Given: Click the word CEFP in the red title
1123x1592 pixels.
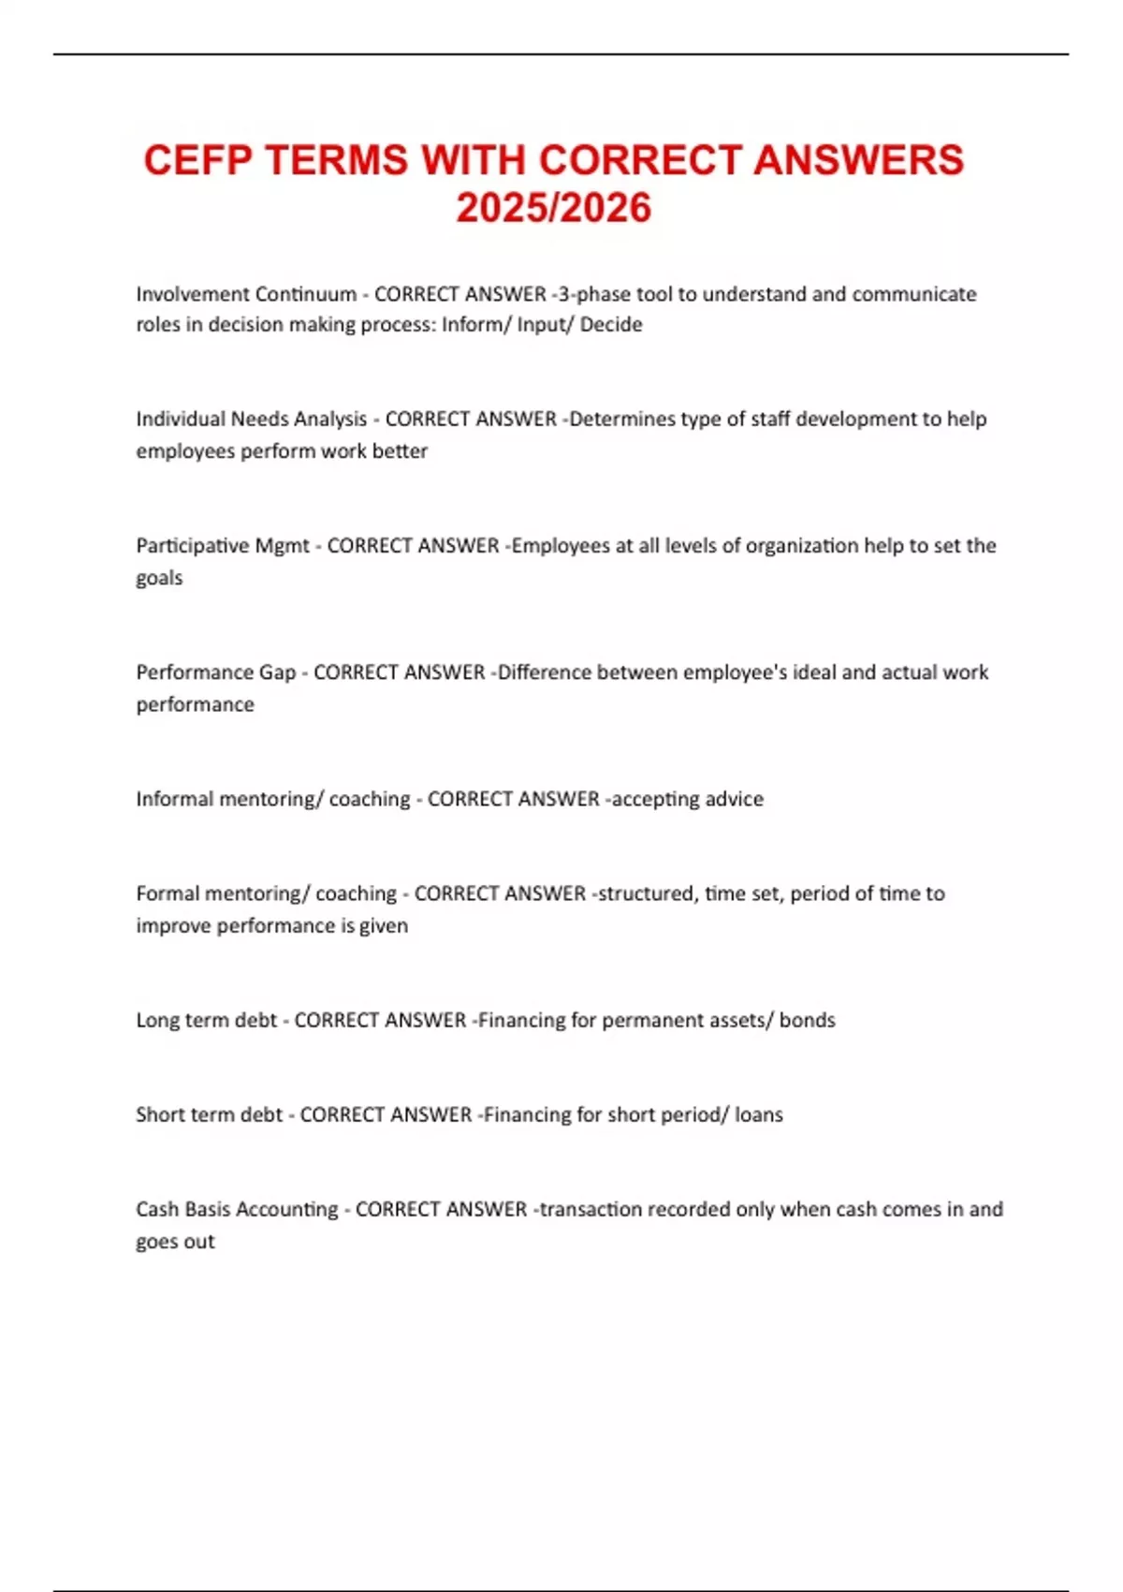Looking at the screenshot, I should (x=197, y=160).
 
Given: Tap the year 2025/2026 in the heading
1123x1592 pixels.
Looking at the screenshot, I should (x=553, y=208).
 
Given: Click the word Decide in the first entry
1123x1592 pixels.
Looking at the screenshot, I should (x=611, y=325).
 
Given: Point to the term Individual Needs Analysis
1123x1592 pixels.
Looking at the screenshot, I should (x=251, y=420).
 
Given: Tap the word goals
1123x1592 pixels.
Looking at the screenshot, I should (x=159, y=579).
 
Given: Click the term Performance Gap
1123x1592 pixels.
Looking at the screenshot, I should (x=215, y=672).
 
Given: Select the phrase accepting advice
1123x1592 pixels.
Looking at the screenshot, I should (x=688, y=799).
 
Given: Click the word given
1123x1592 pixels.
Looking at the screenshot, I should (x=384, y=925).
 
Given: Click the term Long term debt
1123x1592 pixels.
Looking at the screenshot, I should (x=206, y=1020).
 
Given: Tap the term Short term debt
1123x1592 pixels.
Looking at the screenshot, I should (x=209, y=1114).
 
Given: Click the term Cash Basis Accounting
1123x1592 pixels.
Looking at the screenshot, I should (x=237, y=1209).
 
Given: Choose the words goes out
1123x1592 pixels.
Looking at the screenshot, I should (x=175, y=1242).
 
